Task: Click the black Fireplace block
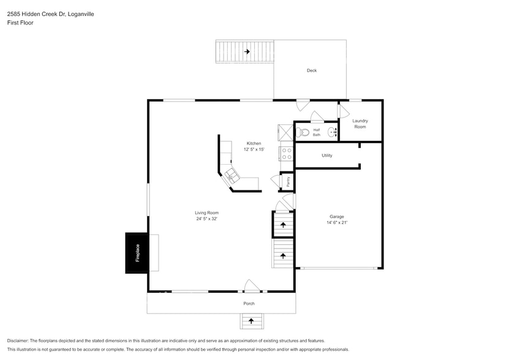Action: click(x=136, y=252)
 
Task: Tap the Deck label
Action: click(x=312, y=70)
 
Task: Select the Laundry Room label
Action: click(x=360, y=124)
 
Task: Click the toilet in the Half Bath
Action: click(x=305, y=131)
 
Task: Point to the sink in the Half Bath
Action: click(x=332, y=132)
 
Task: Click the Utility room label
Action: click(x=327, y=156)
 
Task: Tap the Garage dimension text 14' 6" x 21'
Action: click(x=337, y=223)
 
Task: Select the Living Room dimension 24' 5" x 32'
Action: click(x=207, y=219)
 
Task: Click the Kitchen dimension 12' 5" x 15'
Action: click(x=254, y=149)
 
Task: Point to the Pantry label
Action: click(x=288, y=182)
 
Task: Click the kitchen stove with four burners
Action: click(x=286, y=153)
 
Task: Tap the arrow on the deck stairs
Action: click(x=247, y=52)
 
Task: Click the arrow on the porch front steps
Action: click(x=251, y=321)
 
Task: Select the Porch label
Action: click(x=249, y=303)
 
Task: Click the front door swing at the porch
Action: click(x=252, y=285)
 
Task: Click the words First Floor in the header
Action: click(x=20, y=23)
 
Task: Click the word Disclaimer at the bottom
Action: click(x=18, y=340)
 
